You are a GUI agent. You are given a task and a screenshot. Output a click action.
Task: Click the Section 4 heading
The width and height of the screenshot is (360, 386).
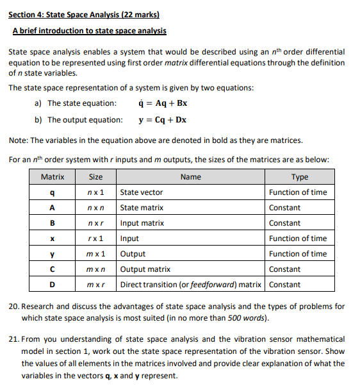(x=83, y=13)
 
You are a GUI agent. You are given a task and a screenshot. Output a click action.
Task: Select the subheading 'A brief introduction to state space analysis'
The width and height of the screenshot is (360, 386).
(x=89, y=30)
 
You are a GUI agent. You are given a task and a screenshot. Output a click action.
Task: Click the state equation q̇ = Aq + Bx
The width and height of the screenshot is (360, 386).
(x=162, y=103)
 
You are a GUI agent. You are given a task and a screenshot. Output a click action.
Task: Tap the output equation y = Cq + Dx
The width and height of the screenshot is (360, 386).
(x=162, y=120)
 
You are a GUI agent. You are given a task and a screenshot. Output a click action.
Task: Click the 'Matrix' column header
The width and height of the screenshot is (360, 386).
(x=52, y=177)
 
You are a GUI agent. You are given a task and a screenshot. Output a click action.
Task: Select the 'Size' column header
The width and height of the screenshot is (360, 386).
(x=95, y=177)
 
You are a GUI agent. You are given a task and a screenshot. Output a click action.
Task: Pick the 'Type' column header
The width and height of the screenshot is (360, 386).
(x=299, y=177)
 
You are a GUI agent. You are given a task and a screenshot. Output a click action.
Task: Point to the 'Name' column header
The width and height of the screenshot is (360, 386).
(x=190, y=177)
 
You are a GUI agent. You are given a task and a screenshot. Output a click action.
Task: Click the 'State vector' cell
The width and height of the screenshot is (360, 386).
(x=142, y=192)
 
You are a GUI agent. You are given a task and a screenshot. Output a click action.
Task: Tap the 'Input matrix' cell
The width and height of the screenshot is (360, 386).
(x=142, y=223)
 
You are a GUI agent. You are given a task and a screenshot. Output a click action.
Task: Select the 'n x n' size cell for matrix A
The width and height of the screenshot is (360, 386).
(x=95, y=208)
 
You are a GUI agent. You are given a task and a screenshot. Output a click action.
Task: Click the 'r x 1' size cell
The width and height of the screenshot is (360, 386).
(x=95, y=239)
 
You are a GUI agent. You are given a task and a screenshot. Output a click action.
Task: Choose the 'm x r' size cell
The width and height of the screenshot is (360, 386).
(x=95, y=285)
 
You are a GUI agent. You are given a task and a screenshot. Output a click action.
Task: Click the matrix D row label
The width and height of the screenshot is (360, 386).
(x=52, y=285)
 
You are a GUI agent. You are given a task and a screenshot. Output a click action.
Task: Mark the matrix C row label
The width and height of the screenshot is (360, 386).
(x=52, y=269)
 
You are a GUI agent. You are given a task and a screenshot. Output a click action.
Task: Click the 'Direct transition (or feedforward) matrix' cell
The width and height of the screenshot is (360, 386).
(x=192, y=285)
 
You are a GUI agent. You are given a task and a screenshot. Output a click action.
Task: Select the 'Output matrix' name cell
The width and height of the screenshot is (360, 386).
(x=145, y=269)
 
